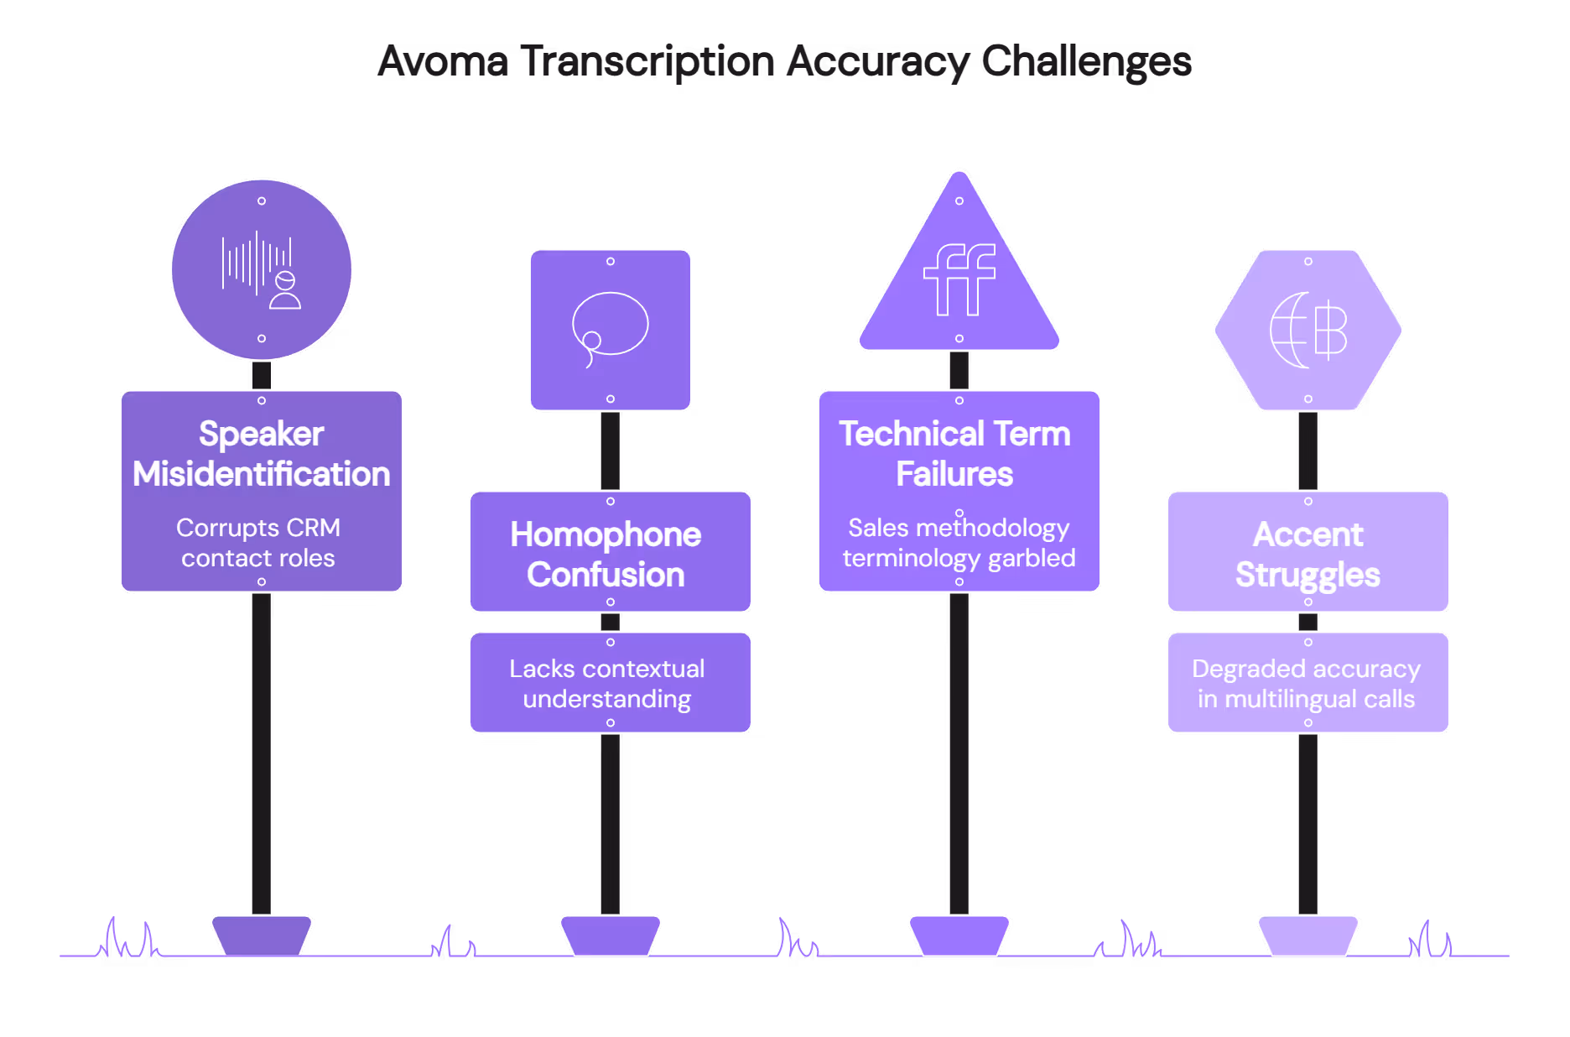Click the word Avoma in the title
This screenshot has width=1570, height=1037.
point(443,61)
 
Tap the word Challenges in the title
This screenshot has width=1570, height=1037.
point(1086,61)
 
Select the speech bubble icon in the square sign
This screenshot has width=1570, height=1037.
point(610,328)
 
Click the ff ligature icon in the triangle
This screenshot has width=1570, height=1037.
point(959,279)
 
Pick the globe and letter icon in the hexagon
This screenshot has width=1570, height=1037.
point(1307,330)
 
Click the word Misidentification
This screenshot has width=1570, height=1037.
point(262,474)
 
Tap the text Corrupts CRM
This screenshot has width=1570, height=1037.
point(258,528)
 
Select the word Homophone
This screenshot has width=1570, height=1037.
point(606,534)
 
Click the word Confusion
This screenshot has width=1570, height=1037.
point(606,575)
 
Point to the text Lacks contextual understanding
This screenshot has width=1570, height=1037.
point(607,684)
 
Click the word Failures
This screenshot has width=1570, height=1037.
point(954,474)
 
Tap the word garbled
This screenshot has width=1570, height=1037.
point(1032,558)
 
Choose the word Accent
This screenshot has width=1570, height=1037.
point(1307,534)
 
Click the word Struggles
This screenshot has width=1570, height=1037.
point(1307,575)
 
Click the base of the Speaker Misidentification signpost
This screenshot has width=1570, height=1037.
point(262,935)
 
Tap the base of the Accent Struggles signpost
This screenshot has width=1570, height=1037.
point(1307,935)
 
